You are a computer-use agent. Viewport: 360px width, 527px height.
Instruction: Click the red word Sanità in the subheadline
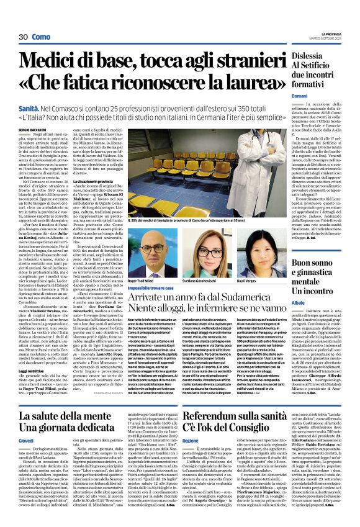point(32,108)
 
